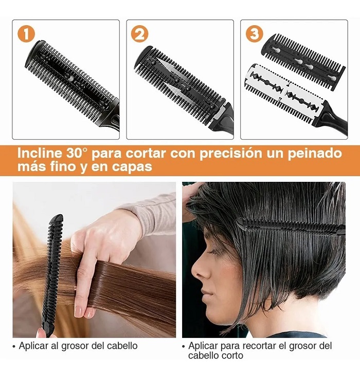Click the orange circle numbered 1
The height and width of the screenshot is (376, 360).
point(26,34)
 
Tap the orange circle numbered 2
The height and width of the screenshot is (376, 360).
point(139,34)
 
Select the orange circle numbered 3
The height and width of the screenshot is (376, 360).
point(254,34)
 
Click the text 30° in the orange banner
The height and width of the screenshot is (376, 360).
point(81,153)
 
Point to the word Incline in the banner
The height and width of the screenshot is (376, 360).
point(40,153)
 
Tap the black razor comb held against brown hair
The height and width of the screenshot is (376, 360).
point(53,272)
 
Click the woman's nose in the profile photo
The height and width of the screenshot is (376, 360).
point(196,272)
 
